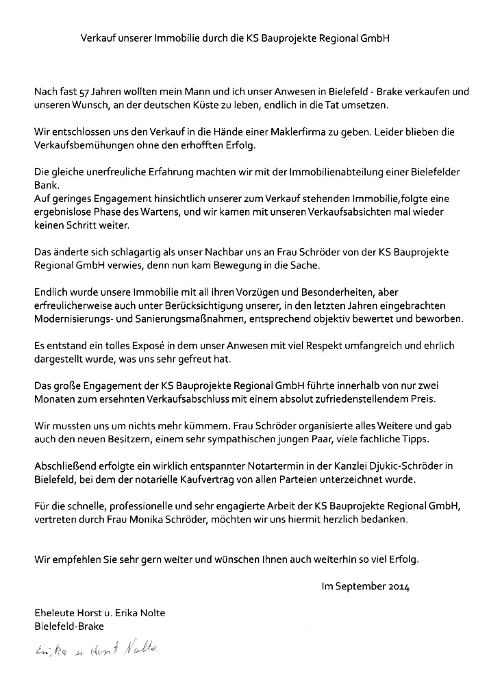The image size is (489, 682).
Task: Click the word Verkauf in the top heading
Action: [98, 40]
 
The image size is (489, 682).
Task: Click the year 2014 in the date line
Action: [398, 586]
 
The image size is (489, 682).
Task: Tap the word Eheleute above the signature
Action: [55, 612]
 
